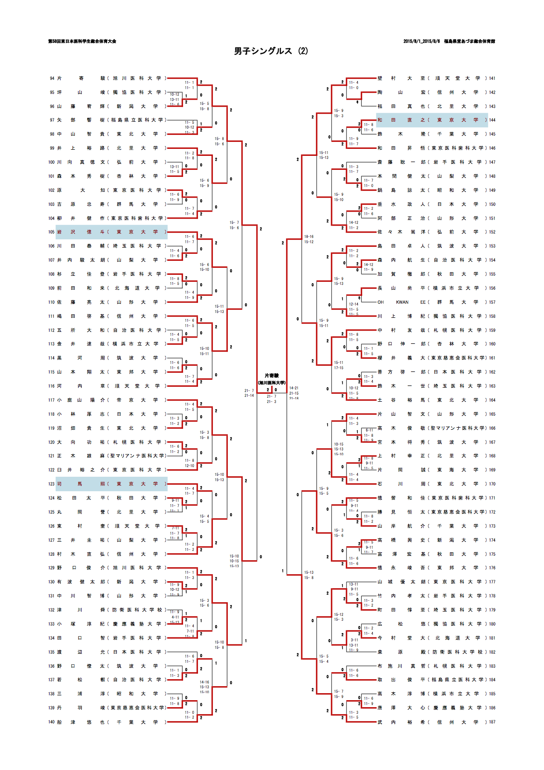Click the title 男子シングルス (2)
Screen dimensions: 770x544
click(271, 51)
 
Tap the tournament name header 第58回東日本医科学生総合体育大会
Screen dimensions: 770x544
click(82, 41)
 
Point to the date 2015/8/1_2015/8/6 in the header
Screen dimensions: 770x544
click(422, 41)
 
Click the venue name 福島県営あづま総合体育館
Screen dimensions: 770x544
click(469, 41)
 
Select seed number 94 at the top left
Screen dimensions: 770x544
click(52, 79)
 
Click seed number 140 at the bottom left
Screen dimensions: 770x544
click(52, 722)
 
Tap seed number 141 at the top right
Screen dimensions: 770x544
click(492, 79)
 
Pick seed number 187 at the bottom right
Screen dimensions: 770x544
click(492, 722)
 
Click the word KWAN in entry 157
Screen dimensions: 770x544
click(402, 302)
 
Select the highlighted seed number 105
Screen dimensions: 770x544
click(52, 232)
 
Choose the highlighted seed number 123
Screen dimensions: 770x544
click(52, 484)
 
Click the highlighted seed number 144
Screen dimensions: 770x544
click(492, 120)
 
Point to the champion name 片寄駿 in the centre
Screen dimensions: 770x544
click(271, 376)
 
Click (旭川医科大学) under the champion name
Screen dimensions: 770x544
click(271, 383)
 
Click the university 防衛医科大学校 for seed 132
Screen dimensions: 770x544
click(137, 610)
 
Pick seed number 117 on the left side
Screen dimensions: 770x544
click(52, 400)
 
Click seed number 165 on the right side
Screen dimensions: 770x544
click(492, 414)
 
